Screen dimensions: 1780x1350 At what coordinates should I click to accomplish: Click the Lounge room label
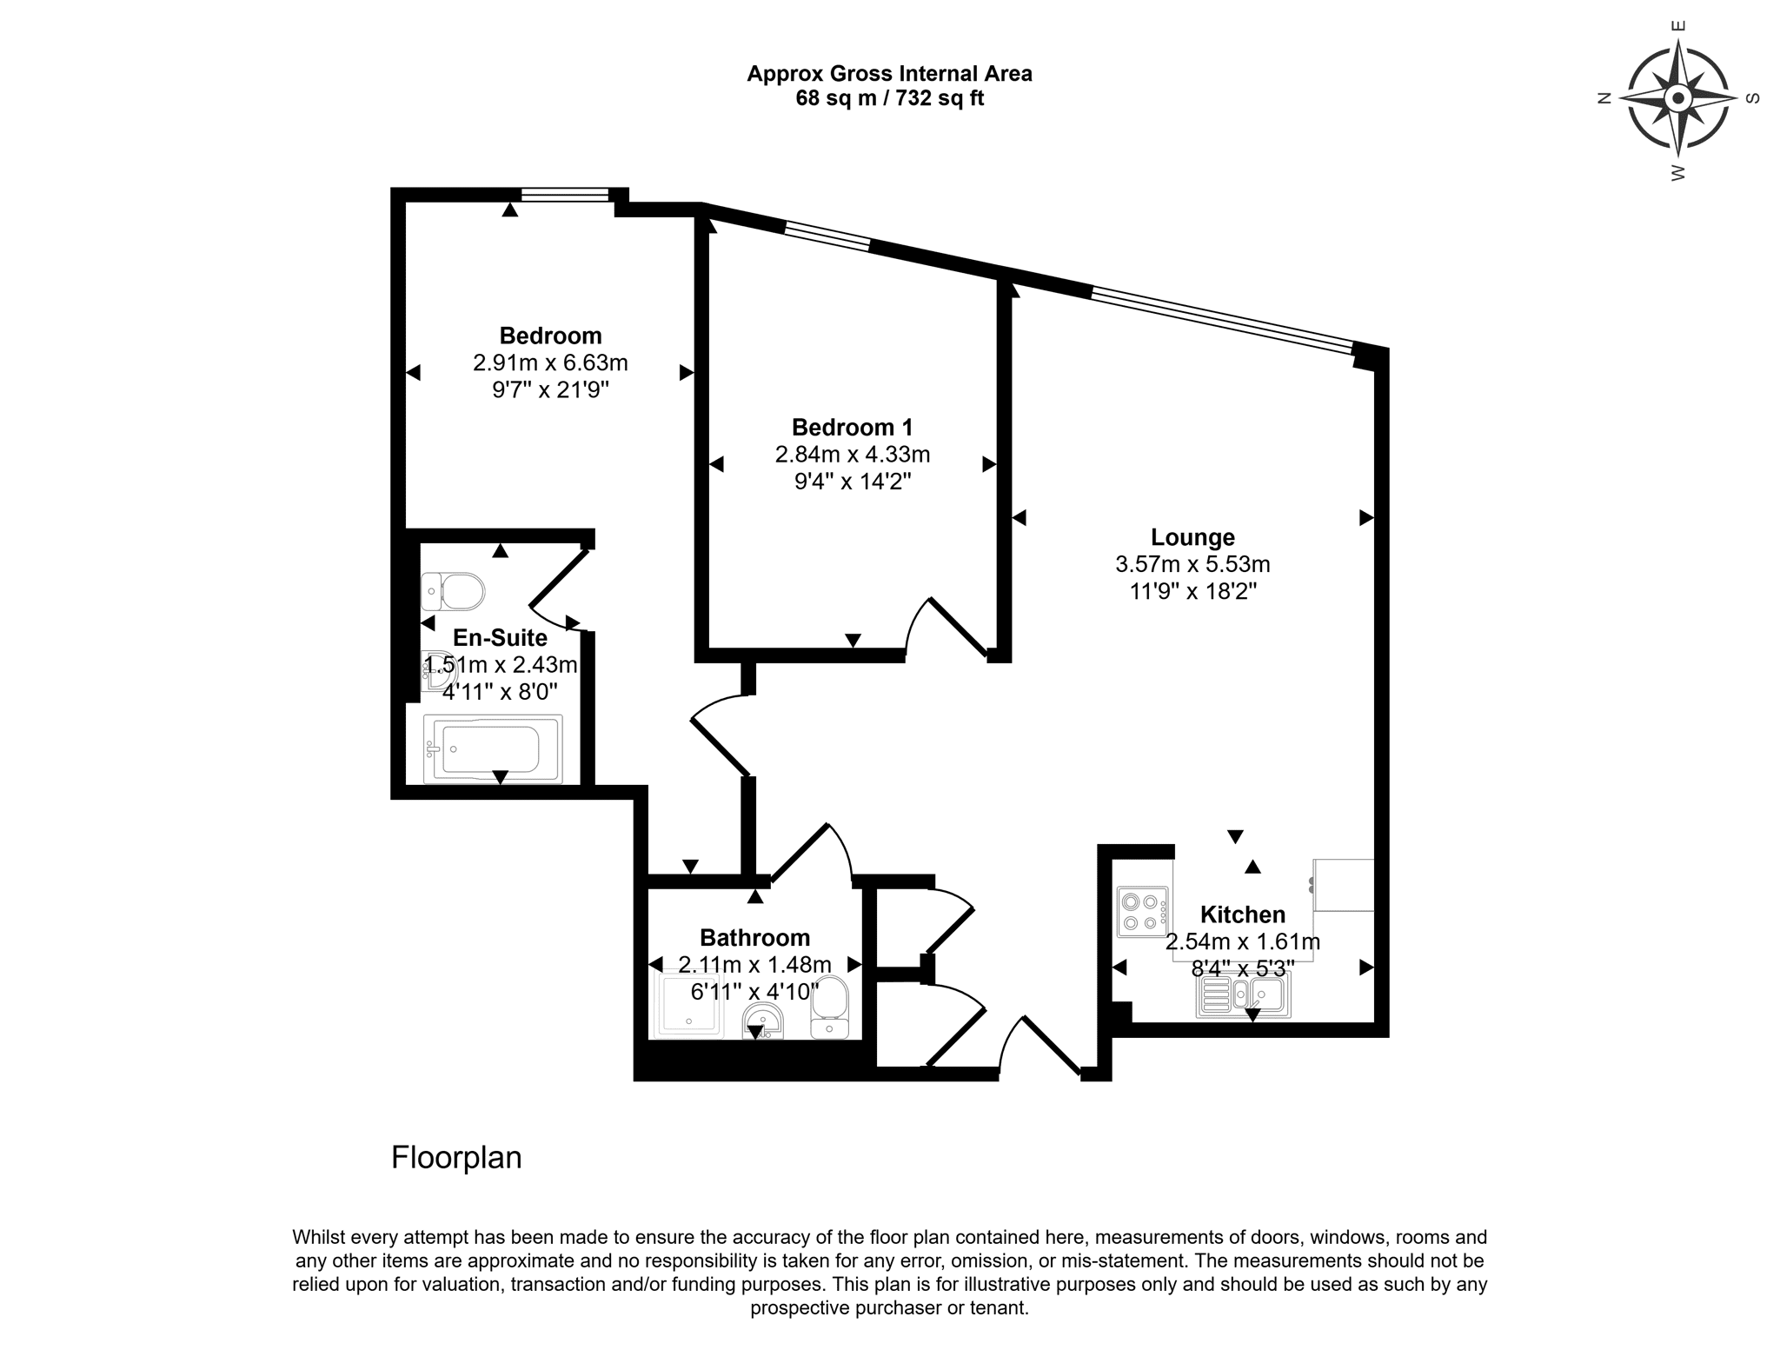click(1192, 537)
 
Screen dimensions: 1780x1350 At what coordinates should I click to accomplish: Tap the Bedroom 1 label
click(852, 428)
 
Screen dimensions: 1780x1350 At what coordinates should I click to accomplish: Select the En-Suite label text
click(500, 638)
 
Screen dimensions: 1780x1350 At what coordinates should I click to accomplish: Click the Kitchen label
click(1243, 914)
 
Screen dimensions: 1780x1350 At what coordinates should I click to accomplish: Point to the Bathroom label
click(754, 938)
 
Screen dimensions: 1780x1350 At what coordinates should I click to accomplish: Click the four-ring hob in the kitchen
click(1143, 912)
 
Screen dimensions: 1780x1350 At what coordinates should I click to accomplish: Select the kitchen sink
click(1243, 994)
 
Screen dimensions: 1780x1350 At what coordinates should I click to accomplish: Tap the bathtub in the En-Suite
click(493, 748)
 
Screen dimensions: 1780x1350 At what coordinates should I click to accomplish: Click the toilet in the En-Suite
click(452, 592)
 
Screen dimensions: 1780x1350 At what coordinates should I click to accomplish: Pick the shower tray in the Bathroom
click(688, 1004)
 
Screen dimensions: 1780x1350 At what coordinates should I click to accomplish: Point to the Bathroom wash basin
click(763, 1021)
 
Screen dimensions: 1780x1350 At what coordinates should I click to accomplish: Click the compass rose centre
click(1678, 98)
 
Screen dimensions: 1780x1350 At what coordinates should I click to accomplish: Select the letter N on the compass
click(1604, 99)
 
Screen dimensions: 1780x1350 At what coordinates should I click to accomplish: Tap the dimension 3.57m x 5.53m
click(1192, 564)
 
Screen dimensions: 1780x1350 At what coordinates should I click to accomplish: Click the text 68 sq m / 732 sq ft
click(890, 98)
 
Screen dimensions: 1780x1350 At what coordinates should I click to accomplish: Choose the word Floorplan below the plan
click(456, 1158)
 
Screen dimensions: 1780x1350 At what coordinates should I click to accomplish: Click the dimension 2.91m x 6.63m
click(550, 362)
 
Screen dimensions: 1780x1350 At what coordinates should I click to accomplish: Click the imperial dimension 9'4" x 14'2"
click(853, 482)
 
